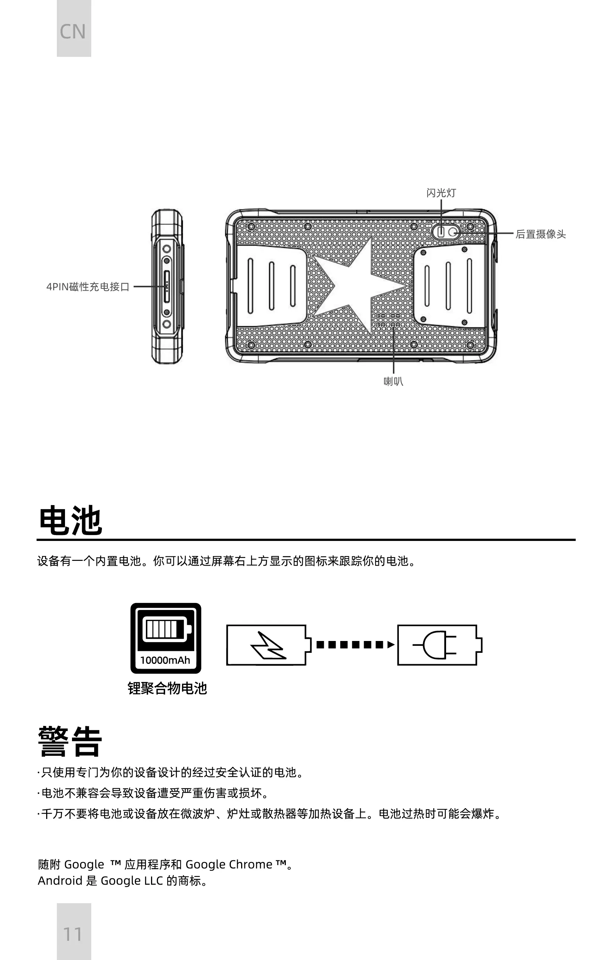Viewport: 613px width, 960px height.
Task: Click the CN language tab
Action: (73, 31)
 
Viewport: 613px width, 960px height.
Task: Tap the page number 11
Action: (73, 934)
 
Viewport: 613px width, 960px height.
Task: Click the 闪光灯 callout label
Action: (441, 193)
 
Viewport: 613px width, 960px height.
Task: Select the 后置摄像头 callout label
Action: (540, 234)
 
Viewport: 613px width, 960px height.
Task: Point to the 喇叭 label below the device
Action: (393, 381)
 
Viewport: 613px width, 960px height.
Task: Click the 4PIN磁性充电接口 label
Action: (88, 287)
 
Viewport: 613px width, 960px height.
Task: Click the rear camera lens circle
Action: (453, 232)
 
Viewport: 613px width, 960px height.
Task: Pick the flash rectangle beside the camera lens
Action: (441, 232)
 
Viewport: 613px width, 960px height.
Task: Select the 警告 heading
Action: (70, 741)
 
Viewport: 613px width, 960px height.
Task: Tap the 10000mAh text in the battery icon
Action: (165, 660)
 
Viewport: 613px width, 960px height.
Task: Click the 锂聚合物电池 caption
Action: (167, 689)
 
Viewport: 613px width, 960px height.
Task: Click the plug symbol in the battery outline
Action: (435, 645)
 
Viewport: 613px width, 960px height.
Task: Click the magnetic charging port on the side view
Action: (167, 287)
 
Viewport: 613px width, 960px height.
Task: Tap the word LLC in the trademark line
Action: (154, 881)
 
